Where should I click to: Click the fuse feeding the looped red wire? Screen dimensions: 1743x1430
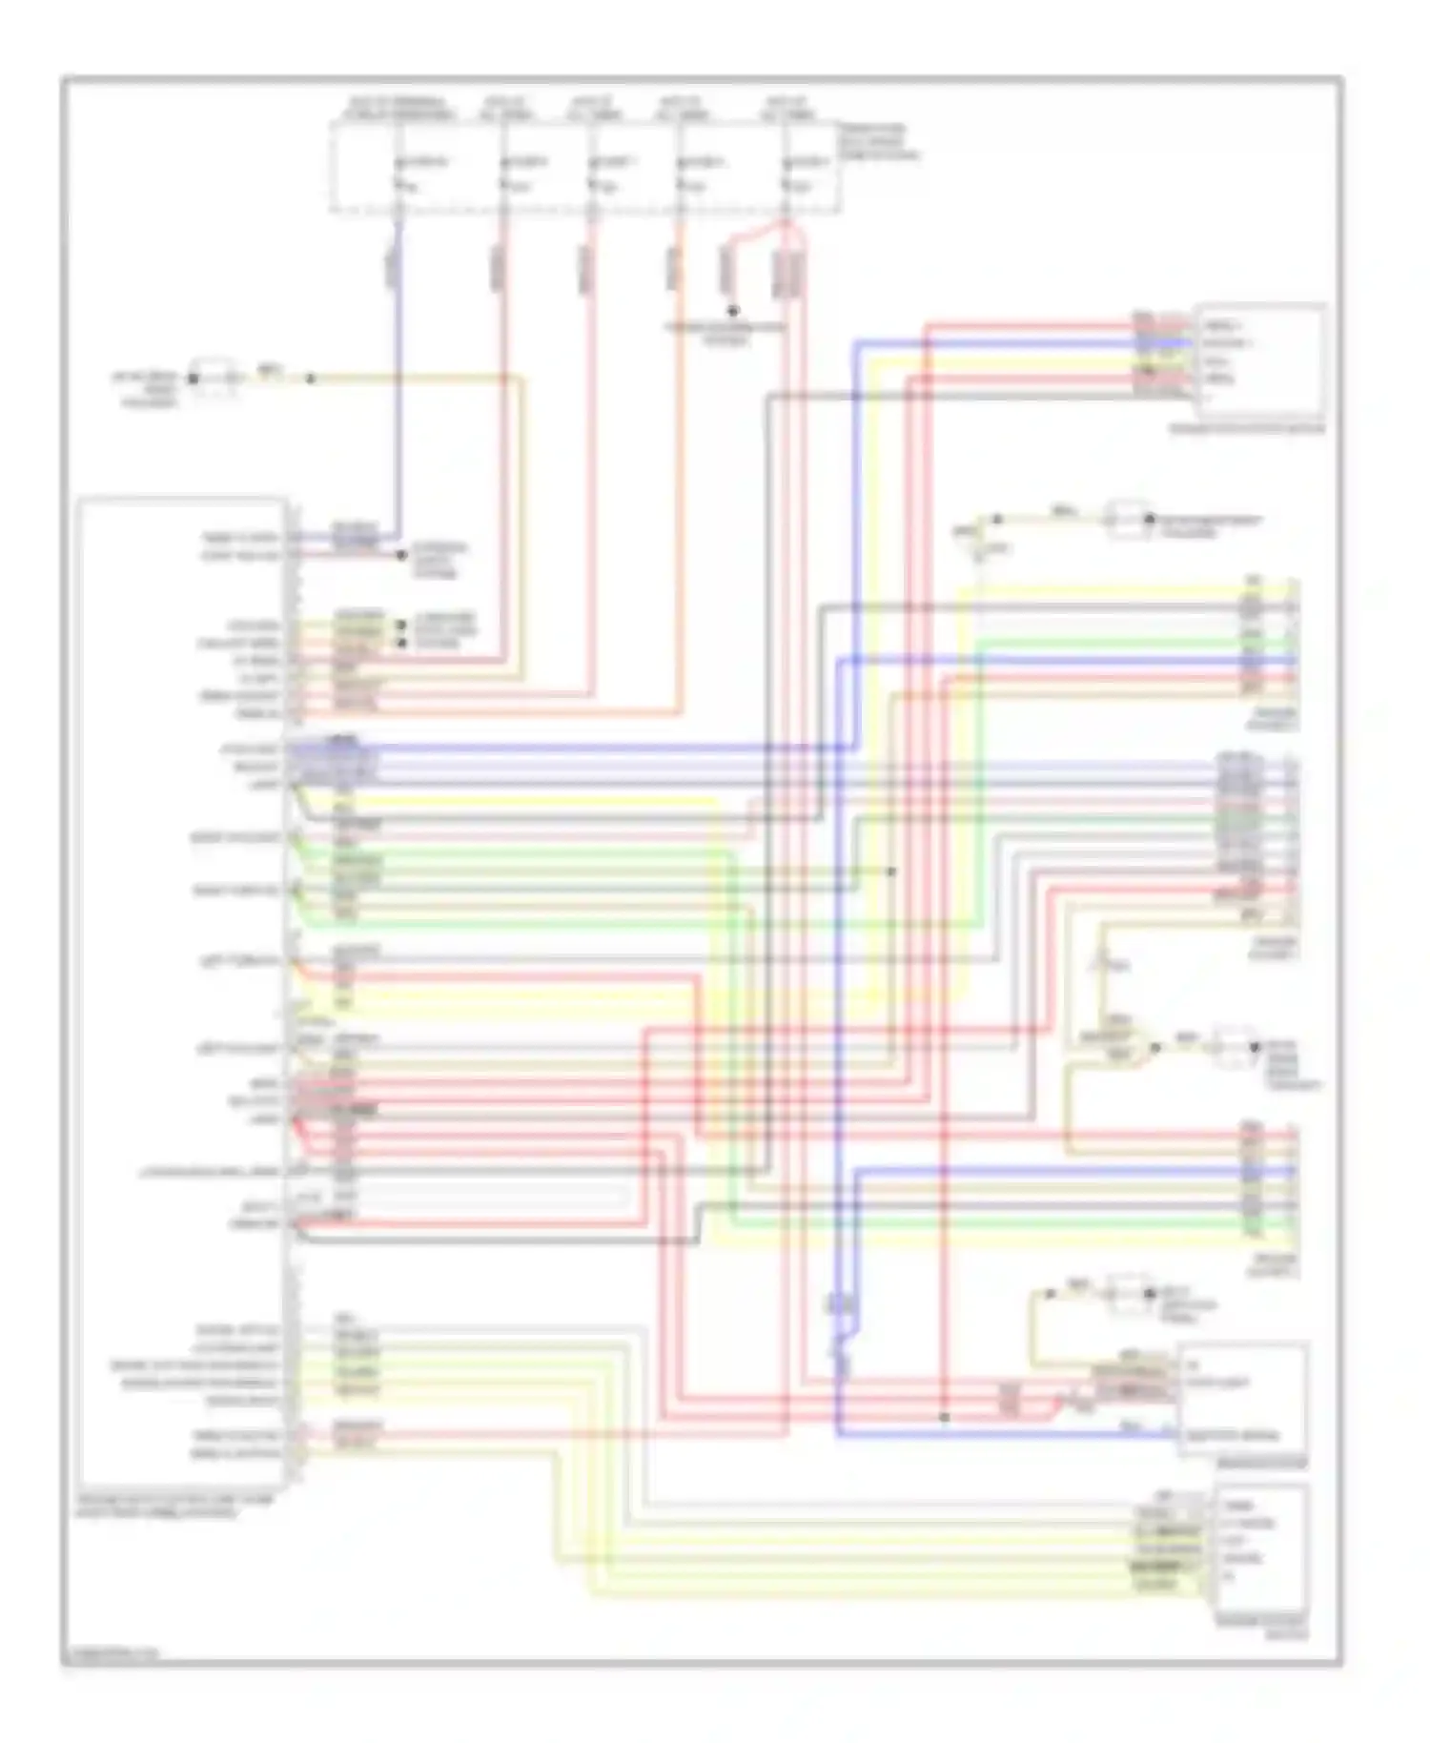tap(786, 173)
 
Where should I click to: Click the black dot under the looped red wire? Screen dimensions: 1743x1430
tap(732, 311)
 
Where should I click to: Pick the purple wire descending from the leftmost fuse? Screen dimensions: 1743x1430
tap(398, 381)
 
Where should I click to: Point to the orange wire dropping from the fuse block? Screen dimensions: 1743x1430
tap(679, 477)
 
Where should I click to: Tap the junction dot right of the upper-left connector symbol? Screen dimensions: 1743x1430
tap(310, 379)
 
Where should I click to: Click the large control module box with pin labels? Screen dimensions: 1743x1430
tap(181, 992)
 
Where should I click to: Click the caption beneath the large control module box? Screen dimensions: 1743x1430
tap(175, 1506)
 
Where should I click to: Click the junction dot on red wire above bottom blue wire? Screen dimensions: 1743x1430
tap(944, 1417)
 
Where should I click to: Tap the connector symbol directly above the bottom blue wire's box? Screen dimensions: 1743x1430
tap(1129, 1294)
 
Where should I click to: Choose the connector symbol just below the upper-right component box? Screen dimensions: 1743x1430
tap(1129, 520)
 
